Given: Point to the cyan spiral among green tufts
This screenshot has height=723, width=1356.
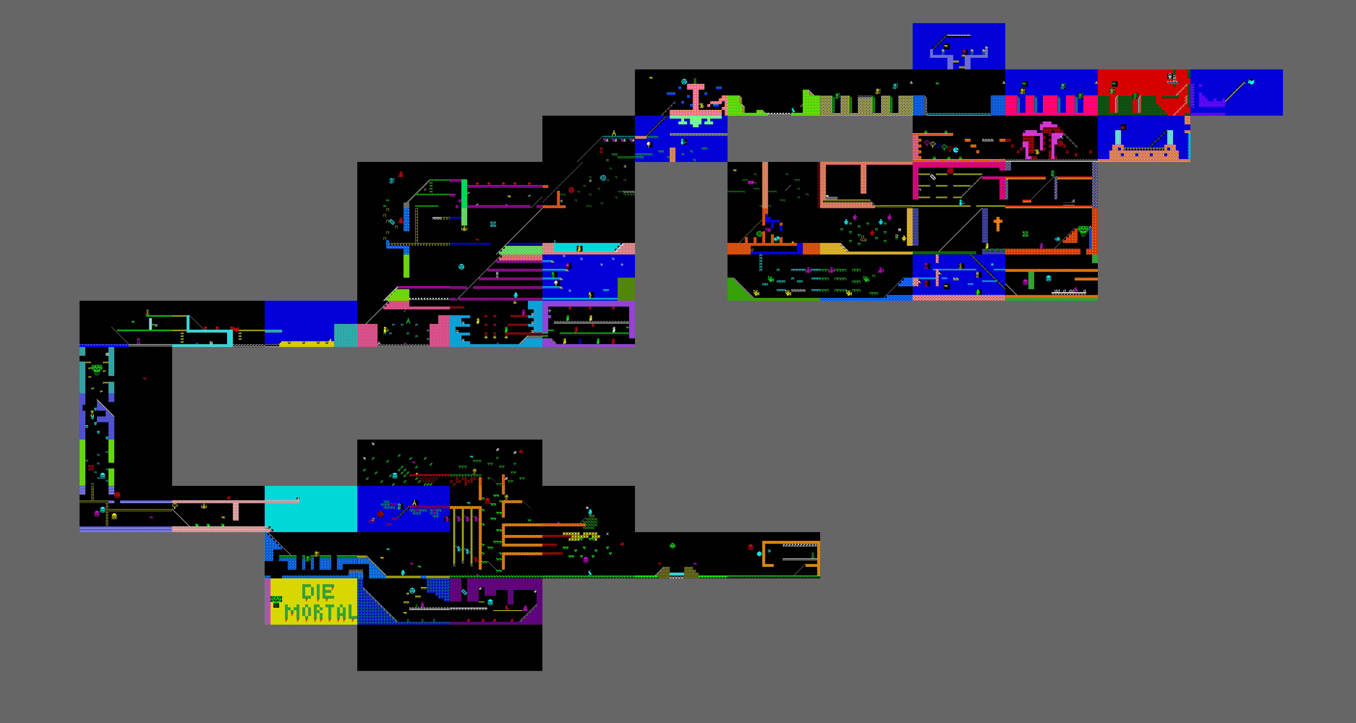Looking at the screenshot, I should click(603, 178).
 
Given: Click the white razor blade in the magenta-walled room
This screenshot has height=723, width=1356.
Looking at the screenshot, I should click(933, 177).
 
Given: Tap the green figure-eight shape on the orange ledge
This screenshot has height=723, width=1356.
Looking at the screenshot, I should click(1053, 174).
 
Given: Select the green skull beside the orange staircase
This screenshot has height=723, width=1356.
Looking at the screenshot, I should click(1083, 230).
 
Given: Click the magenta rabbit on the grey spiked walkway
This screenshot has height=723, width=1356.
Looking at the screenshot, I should click(1076, 289).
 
